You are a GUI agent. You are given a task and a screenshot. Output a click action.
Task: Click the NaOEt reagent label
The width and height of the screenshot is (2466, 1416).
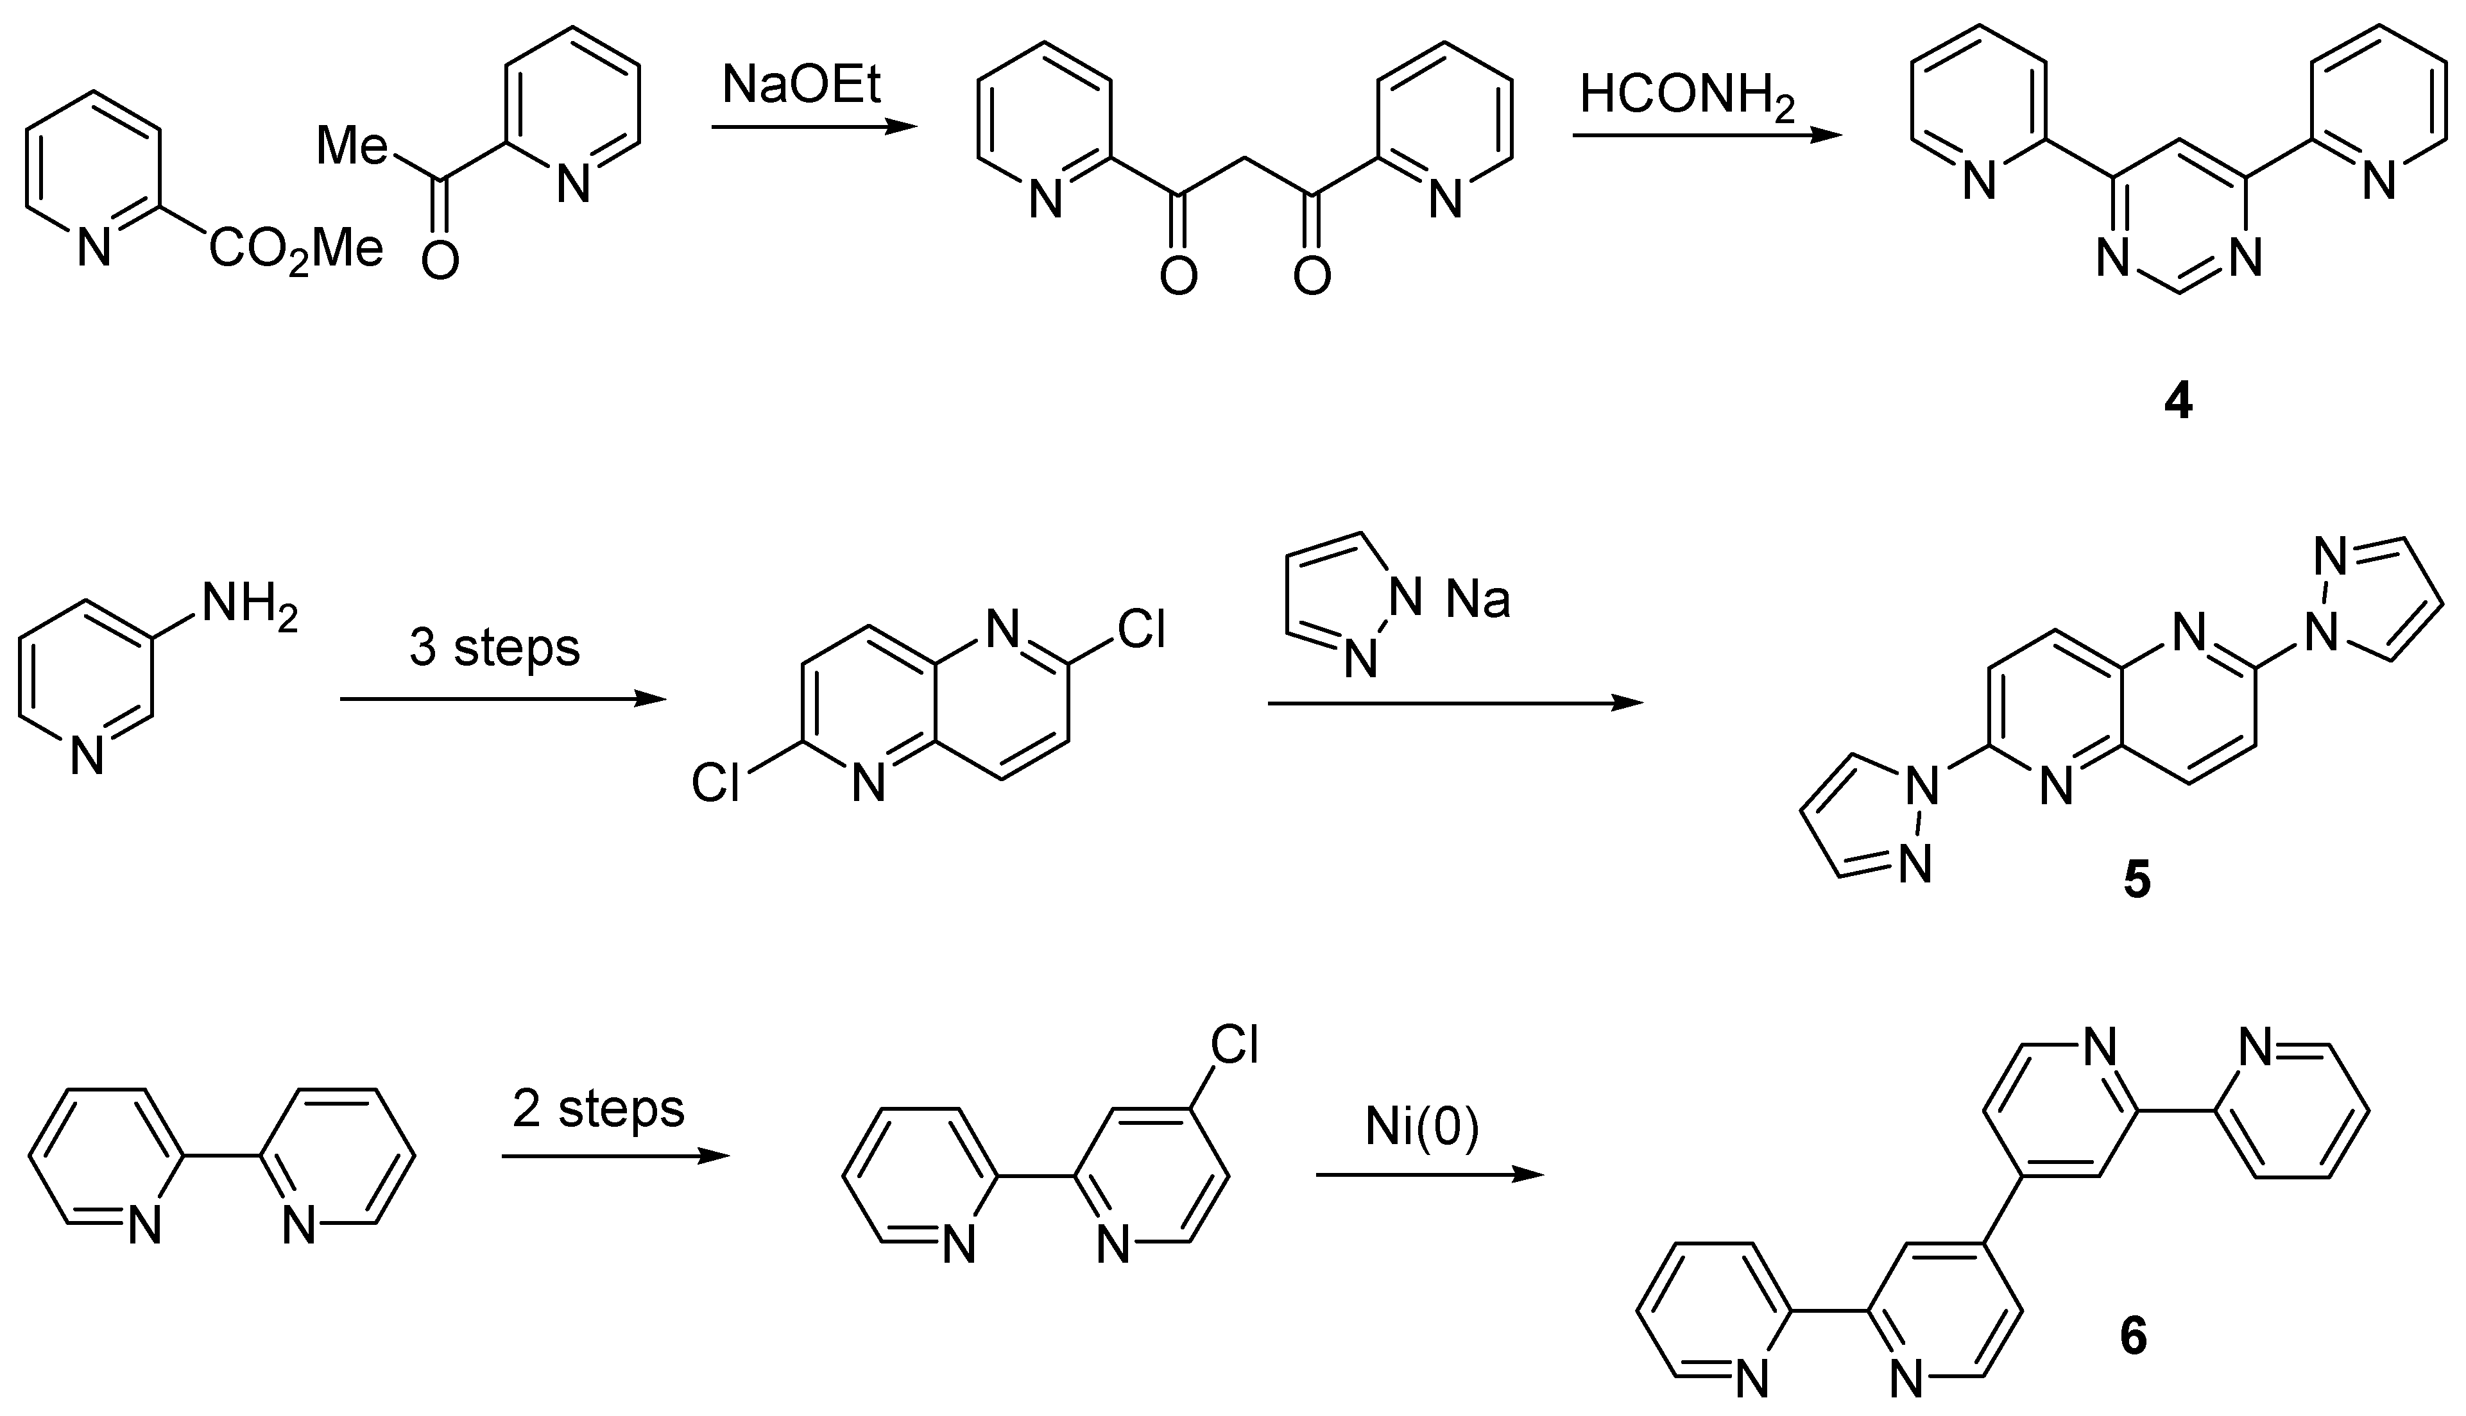801,85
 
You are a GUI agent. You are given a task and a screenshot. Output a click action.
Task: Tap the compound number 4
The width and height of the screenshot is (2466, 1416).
2178,401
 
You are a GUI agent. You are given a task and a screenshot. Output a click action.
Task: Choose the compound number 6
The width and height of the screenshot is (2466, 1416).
2132,1337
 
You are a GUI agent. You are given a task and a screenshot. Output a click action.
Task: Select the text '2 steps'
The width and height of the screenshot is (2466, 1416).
598,1109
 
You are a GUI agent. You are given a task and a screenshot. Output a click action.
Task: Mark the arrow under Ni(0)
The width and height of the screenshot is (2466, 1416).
1429,1175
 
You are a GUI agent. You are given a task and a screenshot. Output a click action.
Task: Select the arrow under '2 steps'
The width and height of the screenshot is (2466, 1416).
615,1156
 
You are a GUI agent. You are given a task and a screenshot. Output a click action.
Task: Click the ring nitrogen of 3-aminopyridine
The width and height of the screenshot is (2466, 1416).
87,755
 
